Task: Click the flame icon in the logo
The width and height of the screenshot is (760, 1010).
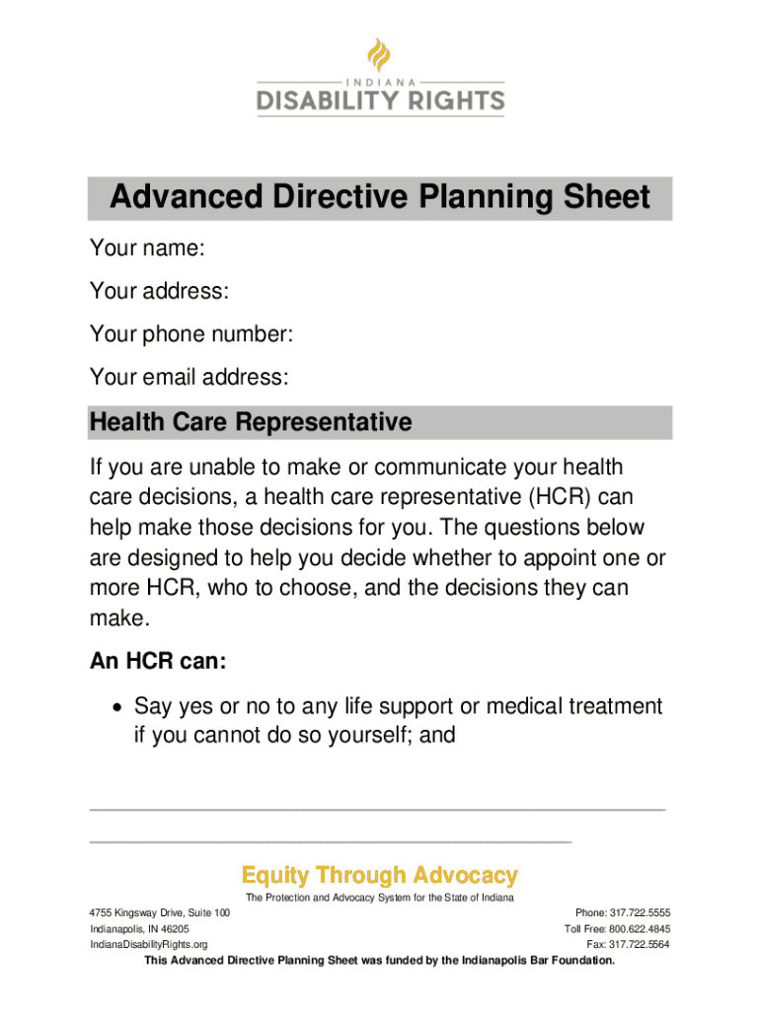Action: tap(380, 56)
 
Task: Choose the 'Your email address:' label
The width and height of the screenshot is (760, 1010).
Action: tap(190, 376)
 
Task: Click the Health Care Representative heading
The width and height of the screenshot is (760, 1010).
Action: tap(250, 423)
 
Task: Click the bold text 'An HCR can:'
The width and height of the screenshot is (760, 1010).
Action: tap(158, 662)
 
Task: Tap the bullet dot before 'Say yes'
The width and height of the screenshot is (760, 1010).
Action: tap(117, 707)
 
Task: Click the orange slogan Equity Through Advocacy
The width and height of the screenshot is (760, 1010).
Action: tap(380, 875)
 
